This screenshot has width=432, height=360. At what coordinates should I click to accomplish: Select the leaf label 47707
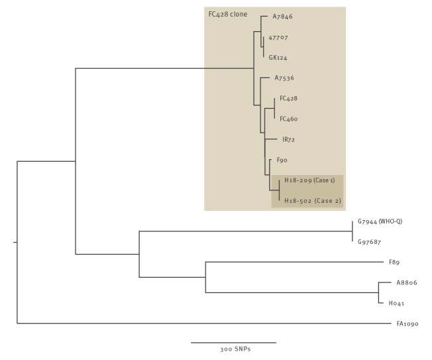click(x=278, y=38)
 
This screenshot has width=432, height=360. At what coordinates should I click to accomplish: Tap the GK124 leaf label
click(x=278, y=58)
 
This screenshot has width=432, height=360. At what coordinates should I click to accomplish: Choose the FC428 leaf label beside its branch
click(x=288, y=99)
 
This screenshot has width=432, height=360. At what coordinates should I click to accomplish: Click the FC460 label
click(x=288, y=119)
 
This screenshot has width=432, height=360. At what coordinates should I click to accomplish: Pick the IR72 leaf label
click(x=288, y=140)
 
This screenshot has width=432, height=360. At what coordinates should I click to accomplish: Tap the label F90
click(x=281, y=160)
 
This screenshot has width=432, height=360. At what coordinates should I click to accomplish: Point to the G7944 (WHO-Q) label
click(x=380, y=221)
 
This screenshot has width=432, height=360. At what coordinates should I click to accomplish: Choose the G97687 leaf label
click(x=370, y=242)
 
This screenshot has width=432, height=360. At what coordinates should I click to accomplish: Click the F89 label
click(x=396, y=262)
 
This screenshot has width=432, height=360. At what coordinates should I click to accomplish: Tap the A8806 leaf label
click(x=406, y=282)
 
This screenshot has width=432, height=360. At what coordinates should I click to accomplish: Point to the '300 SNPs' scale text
click(x=235, y=349)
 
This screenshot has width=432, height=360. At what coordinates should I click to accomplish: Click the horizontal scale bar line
click(x=233, y=342)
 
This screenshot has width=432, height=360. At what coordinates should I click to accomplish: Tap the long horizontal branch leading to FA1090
click(x=199, y=324)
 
